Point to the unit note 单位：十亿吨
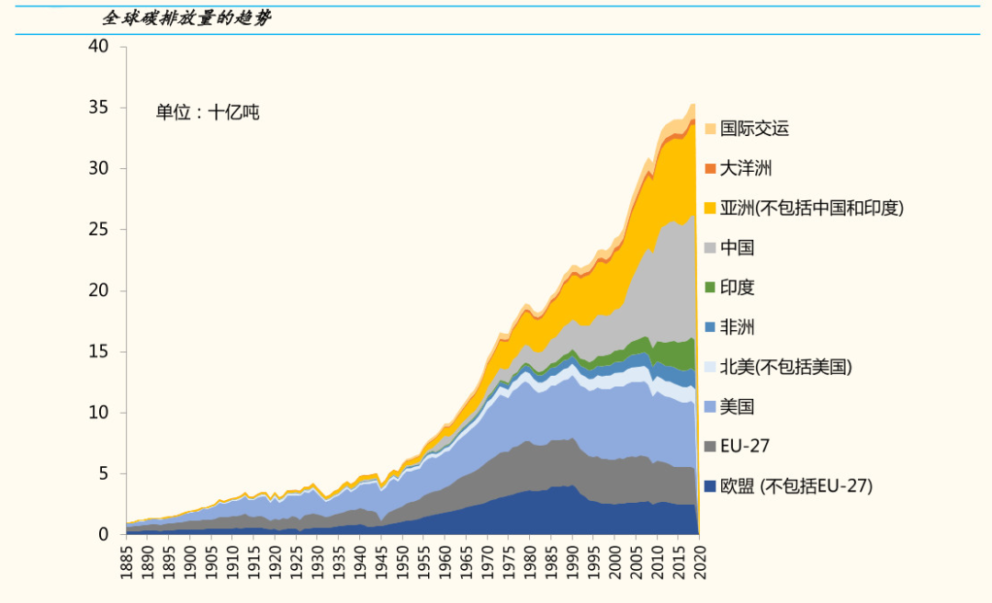208,113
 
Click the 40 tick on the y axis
98,47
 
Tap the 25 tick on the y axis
98,230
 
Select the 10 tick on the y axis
98,413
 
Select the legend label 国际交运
754,129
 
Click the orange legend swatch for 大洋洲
710,168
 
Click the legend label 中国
738,248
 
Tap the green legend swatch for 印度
710,288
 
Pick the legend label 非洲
738,327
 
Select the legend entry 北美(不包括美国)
786,367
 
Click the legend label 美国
738,406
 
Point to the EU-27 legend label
745,447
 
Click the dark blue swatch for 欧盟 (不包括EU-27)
710,486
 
